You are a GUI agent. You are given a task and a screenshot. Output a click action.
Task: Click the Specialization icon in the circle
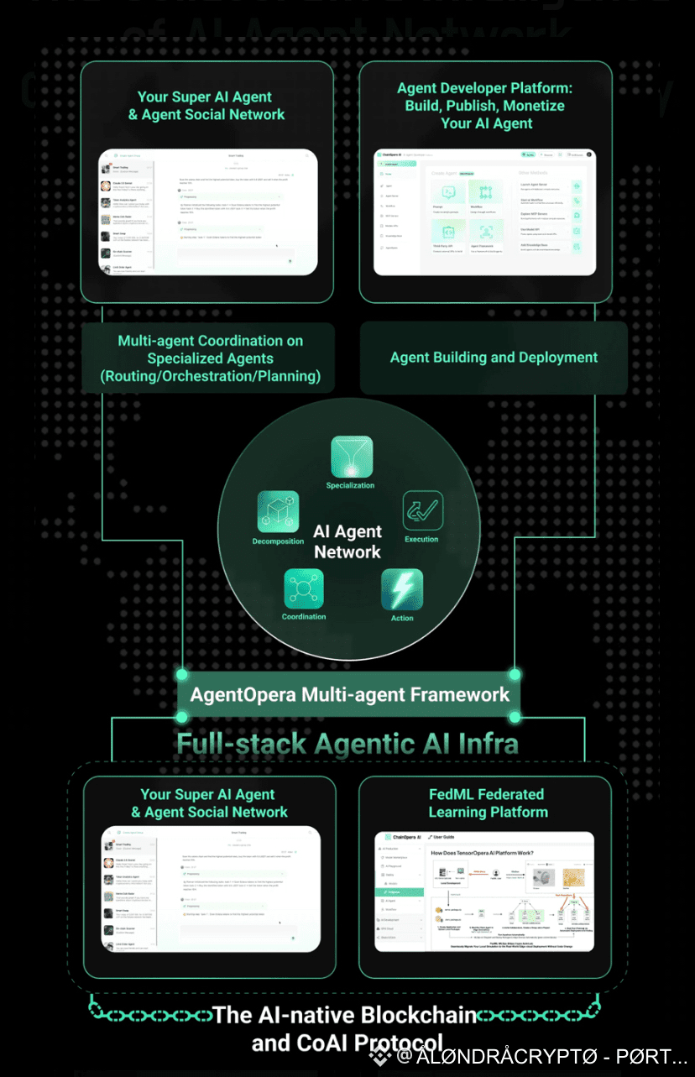pos(350,457)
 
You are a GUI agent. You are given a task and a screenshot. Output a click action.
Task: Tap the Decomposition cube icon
pos(278,511)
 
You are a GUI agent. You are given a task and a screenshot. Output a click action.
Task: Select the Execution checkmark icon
pos(422,510)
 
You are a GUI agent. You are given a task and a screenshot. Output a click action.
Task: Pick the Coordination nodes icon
pos(304,588)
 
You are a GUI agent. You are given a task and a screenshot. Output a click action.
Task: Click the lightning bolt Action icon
pos(402,589)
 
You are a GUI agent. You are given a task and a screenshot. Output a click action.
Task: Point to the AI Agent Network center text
pos(347,541)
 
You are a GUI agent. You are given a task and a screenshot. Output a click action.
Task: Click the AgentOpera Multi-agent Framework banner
pos(349,695)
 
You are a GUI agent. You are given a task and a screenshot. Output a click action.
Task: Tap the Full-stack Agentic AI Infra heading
pos(347,743)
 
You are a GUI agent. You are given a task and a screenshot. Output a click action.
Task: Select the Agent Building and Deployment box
pos(494,358)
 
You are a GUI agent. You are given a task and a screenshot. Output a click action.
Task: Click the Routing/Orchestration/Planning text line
pos(210,376)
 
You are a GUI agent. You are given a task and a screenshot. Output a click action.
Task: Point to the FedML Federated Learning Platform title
pos(488,803)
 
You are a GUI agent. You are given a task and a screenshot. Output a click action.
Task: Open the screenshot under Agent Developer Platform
pos(483,212)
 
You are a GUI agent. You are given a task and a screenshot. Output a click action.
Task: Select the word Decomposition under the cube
pos(278,541)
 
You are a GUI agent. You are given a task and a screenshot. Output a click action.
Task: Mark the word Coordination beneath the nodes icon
pos(304,617)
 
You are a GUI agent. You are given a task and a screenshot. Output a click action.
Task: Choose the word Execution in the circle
pos(421,539)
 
